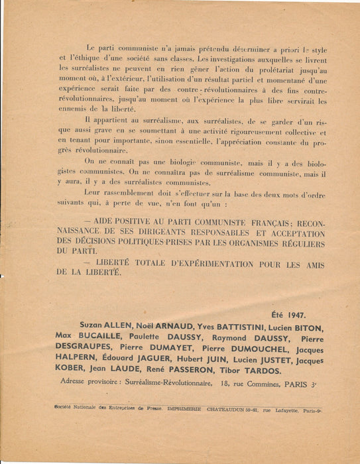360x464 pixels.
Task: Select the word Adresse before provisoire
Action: pos(75,382)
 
